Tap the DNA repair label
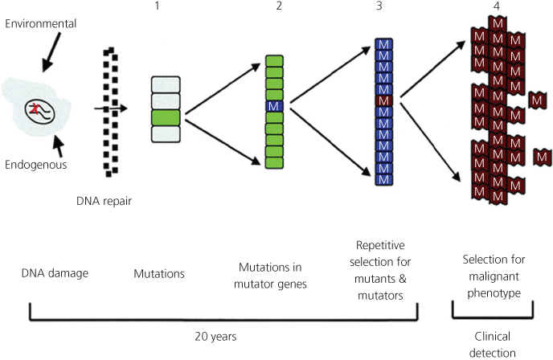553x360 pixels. pos(99,202)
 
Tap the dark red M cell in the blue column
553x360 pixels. pos(383,101)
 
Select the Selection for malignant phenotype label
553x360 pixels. pos(494,273)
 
